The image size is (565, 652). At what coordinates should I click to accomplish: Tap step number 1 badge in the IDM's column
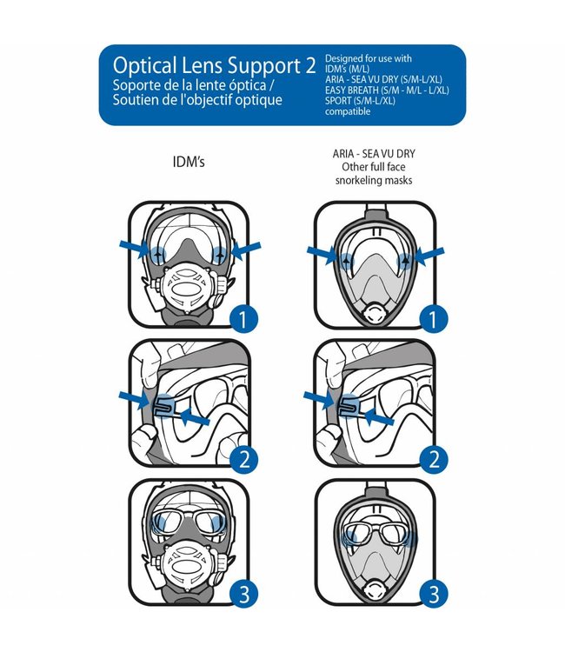coord(245,321)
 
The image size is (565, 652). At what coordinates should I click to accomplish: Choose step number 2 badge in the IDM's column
coord(245,458)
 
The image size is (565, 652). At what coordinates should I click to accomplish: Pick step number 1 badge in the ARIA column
coord(431,321)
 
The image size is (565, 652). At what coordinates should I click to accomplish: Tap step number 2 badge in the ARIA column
coord(431,458)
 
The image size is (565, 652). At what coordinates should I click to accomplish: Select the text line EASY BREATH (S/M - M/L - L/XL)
coord(387,90)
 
